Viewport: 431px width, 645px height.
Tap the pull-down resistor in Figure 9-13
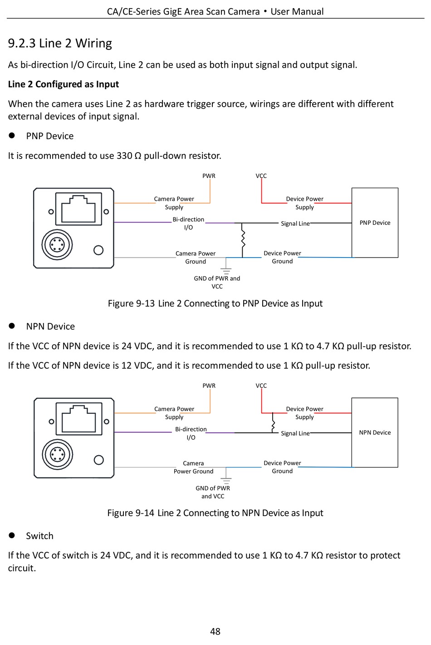[243, 239]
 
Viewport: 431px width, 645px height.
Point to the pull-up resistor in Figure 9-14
[273, 425]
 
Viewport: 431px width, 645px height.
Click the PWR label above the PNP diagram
[209, 176]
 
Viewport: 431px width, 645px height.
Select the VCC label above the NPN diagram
[261, 386]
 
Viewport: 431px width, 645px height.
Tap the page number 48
[215, 631]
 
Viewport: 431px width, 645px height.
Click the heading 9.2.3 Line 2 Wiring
[60, 43]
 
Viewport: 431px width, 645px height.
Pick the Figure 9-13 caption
[215, 303]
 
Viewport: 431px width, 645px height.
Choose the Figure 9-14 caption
[215, 513]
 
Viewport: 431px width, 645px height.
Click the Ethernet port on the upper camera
[78, 209]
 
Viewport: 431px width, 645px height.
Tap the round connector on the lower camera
[57, 454]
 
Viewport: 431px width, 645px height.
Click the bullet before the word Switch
[12, 535]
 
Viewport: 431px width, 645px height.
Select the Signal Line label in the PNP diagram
[295, 223]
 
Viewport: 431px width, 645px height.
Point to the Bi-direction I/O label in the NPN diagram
[191, 433]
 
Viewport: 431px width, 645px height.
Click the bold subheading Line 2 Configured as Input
[64, 84]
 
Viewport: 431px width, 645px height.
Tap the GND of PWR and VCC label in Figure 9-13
[217, 282]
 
